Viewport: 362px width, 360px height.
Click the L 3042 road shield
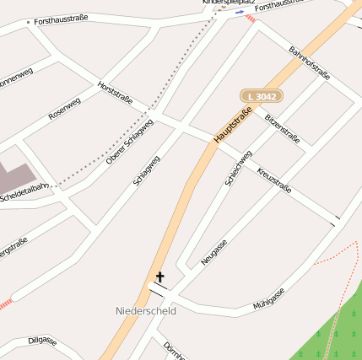(x=261, y=97)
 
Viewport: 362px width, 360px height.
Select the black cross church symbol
(x=159, y=277)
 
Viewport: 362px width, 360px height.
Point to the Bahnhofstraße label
(x=309, y=64)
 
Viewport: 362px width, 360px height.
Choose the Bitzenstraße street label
(x=282, y=128)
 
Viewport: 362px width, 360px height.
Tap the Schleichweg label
(x=239, y=167)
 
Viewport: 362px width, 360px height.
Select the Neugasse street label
(x=214, y=252)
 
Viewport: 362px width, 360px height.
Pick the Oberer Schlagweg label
(x=129, y=140)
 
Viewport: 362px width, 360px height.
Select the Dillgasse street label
(x=42, y=341)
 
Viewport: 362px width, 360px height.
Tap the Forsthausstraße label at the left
(x=61, y=19)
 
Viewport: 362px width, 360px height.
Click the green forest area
(x=338, y=329)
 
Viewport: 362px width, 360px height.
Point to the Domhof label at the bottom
(x=174, y=352)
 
